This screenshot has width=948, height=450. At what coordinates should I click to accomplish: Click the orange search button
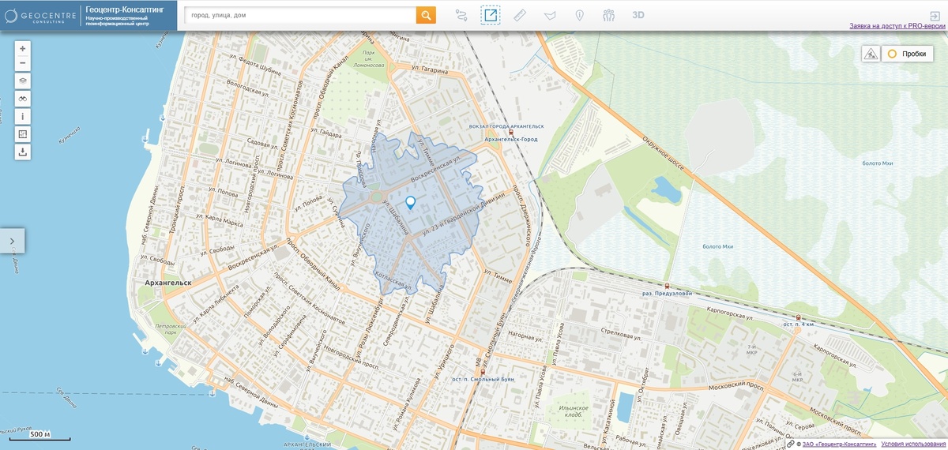pos(426,15)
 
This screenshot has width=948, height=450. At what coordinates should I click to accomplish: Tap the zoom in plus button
pos(23,48)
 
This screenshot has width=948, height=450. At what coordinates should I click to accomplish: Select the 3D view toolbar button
pos(638,15)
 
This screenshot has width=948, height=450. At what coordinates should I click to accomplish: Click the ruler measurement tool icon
pos(519,15)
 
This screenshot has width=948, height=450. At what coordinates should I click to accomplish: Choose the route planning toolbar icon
pos(462,15)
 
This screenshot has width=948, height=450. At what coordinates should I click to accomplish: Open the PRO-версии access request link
pos(897,26)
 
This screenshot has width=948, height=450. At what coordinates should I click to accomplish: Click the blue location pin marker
pos(410,202)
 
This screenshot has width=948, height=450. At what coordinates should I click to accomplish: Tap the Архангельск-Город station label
pos(509,140)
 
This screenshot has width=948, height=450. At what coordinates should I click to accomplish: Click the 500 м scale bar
pos(40,436)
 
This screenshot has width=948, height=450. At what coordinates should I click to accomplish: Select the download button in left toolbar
pos(23,152)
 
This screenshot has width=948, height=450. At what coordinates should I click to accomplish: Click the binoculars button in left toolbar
pos(23,99)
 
